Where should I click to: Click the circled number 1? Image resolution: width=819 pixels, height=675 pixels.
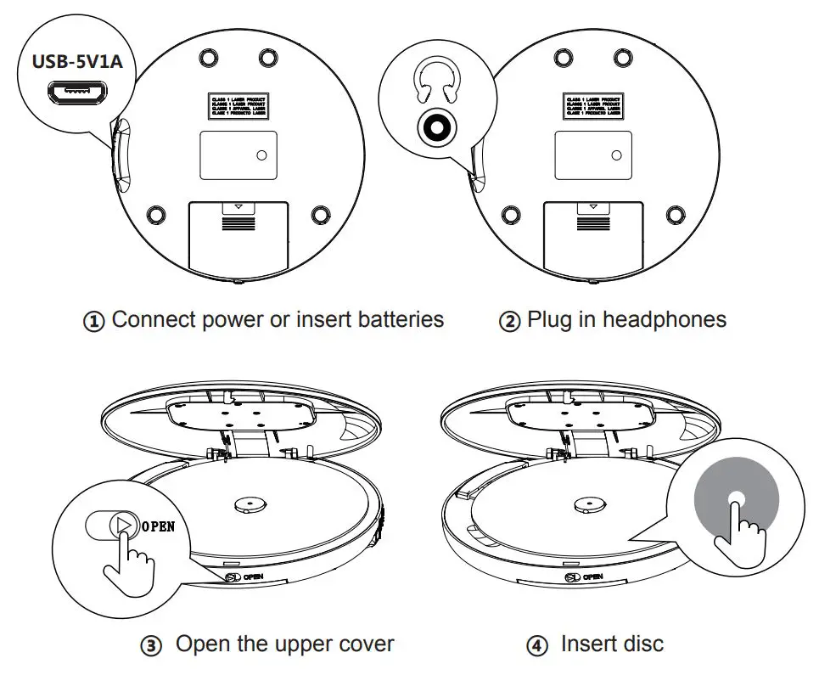[x=94, y=322]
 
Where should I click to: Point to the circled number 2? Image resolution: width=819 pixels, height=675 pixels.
[x=509, y=322]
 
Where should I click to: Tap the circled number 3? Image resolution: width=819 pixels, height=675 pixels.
[x=151, y=646]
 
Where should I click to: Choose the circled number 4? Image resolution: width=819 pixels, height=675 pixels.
[x=536, y=646]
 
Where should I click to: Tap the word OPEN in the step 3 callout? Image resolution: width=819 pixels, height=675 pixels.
[x=158, y=526]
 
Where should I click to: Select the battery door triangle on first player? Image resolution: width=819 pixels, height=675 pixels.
[x=238, y=206]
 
